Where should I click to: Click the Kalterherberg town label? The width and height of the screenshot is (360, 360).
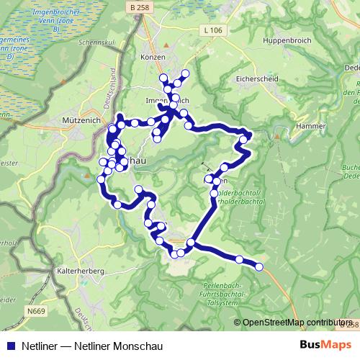coord(80,270)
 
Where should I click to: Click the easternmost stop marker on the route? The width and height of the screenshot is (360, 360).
coord(259,267)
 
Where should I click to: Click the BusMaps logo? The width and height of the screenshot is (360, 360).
coord(326,344)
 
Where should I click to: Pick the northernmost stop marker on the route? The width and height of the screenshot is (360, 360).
coord(185,73)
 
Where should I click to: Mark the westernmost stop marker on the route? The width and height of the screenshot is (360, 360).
coord(101,179)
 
